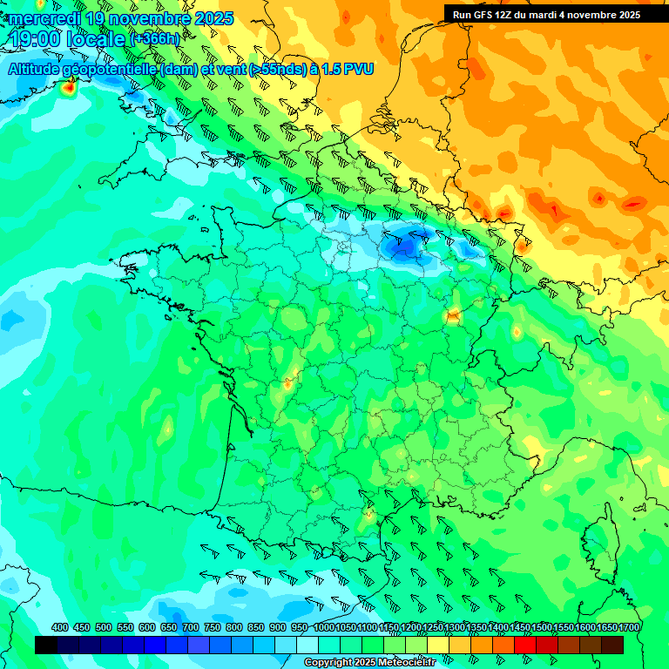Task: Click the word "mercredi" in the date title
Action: (x=45, y=17)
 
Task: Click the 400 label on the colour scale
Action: (x=60, y=627)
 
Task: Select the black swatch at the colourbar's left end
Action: (x=46, y=645)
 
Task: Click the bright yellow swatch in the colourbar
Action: (x=438, y=645)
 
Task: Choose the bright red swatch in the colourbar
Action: (x=525, y=645)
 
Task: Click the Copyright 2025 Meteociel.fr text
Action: (x=369, y=663)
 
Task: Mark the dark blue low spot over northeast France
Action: (x=404, y=247)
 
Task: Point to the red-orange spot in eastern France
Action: (x=453, y=316)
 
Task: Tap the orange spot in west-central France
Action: (x=287, y=382)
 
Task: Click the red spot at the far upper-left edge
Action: (x=69, y=86)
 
